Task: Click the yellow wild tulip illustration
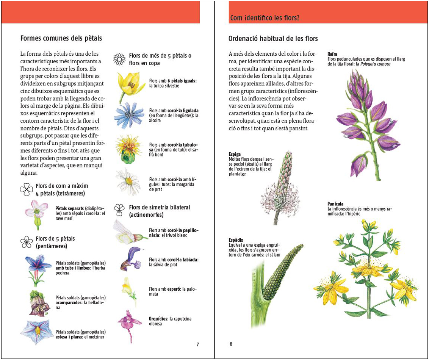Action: pyautogui.click(x=129, y=85)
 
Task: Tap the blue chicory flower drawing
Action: pyautogui.click(x=129, y=115)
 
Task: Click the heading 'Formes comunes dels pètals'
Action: pyautogui.click(x=61, y=38)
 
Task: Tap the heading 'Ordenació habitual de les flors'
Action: pyautogui.click(x=273, y=39)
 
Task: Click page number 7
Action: pyautogui.click(x=197, y=344)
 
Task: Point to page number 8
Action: pyautogui.click(x=231, y=344)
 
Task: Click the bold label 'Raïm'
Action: pyautogui.click(x=332, y=54)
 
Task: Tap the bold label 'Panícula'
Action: pyautogui.click(x=336, y=204)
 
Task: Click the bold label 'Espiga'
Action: pyautogui.click(x=235, y=154)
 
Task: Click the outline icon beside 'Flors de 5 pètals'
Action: pyautogui.click(x=27, y=242)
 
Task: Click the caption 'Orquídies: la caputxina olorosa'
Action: pyautogui.click(x=170, y=321)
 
